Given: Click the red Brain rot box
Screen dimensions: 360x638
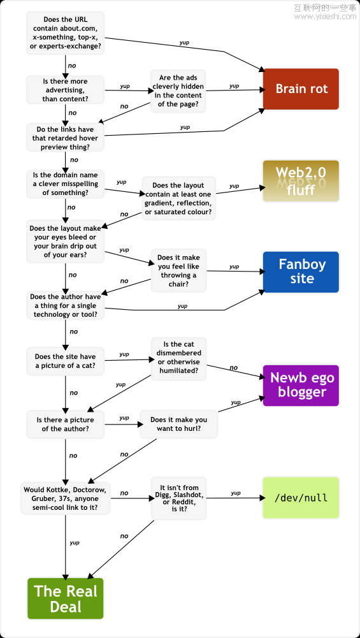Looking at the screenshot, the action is (x=301, y=89).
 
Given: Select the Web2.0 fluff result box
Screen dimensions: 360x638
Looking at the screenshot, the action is (x=301, y=181).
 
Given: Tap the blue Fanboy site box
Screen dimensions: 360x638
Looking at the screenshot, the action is (x=301, y=272).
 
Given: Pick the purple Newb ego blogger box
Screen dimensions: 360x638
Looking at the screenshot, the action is (x=301, y=385).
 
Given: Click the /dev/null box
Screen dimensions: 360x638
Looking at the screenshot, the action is (x=301, y=498).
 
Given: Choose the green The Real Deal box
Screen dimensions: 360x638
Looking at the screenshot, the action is (x=66, y=598).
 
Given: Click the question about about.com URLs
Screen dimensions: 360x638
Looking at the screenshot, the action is (x=66, y=33).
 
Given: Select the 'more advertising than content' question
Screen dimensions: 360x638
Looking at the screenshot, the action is (x=66, y=89).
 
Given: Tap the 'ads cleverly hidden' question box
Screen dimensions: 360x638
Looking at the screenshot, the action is (x=178, y=91).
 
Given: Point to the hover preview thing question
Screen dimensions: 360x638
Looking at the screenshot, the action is (x=66, y=138).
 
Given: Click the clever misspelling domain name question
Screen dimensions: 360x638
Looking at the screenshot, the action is (x=66, y=184).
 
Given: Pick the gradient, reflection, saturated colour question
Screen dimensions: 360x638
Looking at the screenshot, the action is (x=178, y=198).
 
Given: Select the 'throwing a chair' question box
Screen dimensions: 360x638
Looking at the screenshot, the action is (x=178, y=270).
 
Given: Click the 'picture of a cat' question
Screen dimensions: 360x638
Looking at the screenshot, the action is (x=66, y=361).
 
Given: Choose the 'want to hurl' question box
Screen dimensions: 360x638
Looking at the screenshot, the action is (x=178, y=424).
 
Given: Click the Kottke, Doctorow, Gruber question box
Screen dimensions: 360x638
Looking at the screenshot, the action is (x=66, y=498).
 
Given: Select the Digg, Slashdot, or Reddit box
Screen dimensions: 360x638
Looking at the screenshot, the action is (x=178, y=498).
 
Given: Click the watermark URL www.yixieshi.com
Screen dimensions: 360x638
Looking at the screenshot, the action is (x=325, y=17).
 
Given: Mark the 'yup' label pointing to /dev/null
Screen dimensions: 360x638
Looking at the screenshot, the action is (x=236, y=493).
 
